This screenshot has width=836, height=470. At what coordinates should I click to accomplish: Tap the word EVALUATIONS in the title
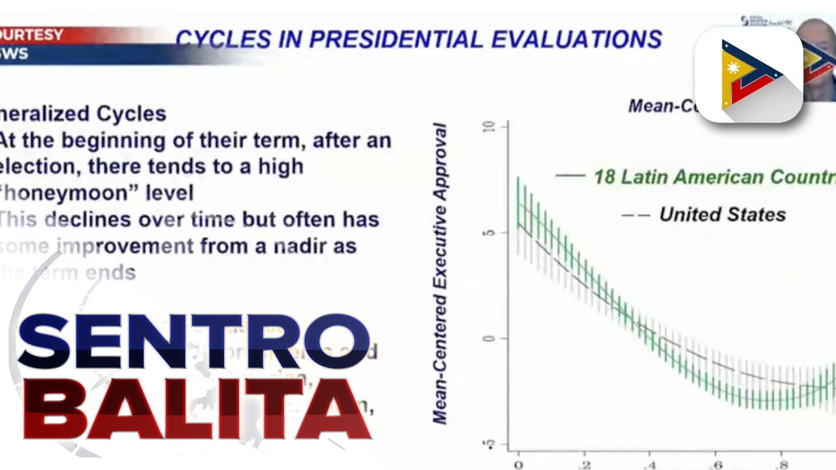577,39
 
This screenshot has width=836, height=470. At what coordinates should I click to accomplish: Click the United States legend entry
722,214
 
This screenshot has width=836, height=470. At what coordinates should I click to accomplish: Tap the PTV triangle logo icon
748,74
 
